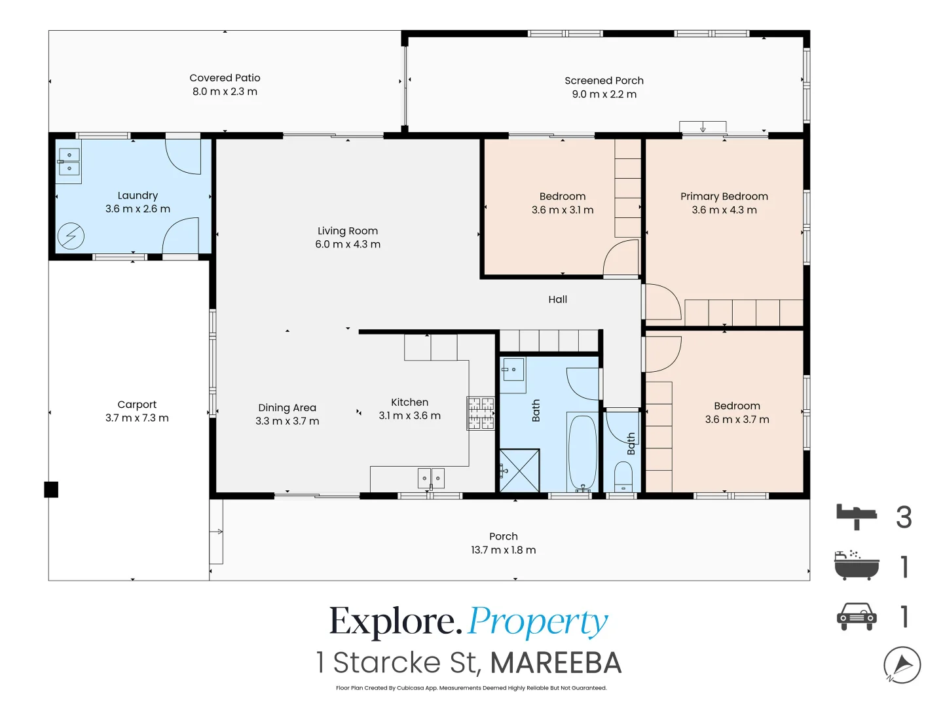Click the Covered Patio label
tap(225, 78)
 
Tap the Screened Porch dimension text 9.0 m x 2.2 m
tap(604, 94)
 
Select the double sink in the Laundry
tap(69, 162)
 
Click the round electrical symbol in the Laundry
tap(71, 236)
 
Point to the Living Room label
tap(348, 230)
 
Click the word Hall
tap(557, 299)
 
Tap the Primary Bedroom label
tap(724, 196)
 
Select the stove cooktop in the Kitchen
tap(481, 413)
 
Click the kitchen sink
tap(431, 478)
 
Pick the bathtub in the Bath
tap(582, 453)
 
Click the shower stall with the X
tap(519, 471)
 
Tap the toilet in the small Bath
tap(623, 477)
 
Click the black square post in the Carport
tap(51, 490)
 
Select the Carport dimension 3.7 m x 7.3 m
tap(137, 418)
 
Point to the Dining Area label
tap(287, 407)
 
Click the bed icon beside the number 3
tap(856, 517)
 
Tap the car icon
tap(856, 617)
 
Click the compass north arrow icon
tap(902, 665)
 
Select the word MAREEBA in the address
tap(556, 662)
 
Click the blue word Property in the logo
tap(538, 622)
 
